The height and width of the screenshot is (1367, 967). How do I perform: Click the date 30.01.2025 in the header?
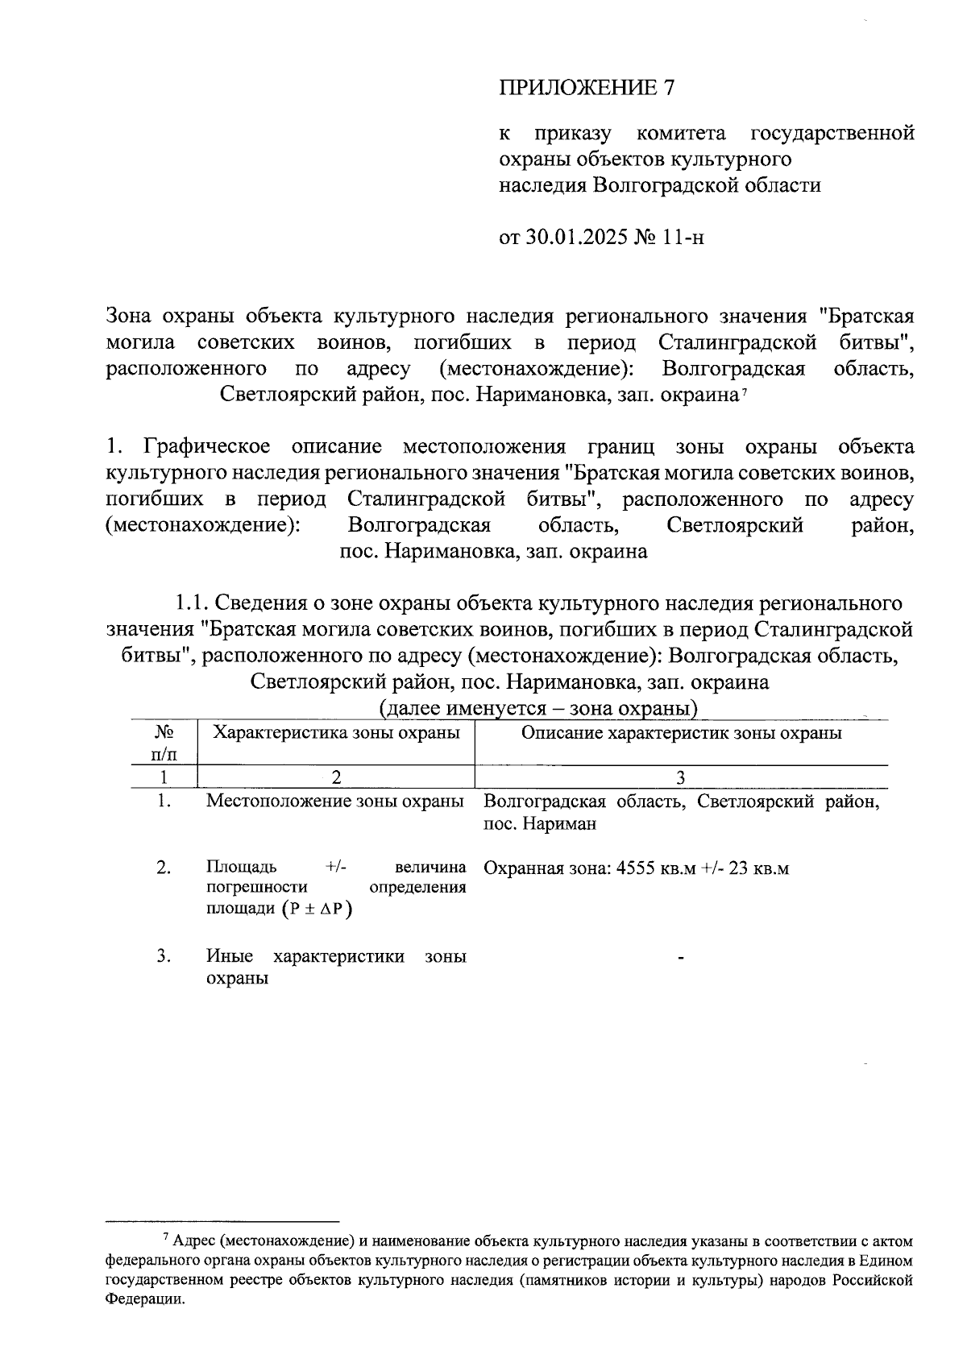coord(577,238)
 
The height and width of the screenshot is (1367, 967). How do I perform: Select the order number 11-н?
coord(683,238)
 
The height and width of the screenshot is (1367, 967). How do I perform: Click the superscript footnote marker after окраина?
coord(745,391)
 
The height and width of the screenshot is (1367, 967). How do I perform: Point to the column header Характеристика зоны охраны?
coord(336,732)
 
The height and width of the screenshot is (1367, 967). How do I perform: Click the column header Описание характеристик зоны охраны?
coord(681,732)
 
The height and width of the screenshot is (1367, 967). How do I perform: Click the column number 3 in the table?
coord(681,777)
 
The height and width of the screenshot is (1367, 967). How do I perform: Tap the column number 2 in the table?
coord(336,777)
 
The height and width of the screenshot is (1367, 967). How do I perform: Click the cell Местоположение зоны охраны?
coord(335,802)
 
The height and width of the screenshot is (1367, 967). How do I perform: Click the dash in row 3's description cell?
coord(681,958)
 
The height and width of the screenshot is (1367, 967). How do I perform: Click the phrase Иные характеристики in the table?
coord(305,956)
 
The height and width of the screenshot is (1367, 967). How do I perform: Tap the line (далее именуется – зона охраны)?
coord(537,709)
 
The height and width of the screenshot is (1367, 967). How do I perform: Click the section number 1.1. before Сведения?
coord(193,603)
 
